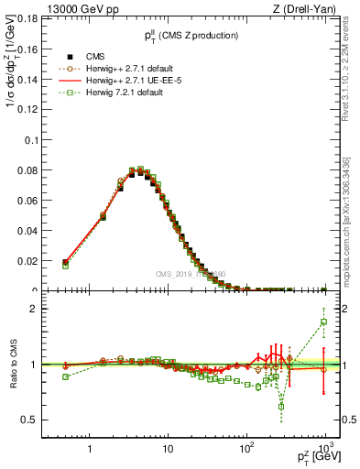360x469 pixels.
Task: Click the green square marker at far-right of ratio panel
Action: pos(323,322)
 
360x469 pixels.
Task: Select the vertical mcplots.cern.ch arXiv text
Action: pos(352,192)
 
